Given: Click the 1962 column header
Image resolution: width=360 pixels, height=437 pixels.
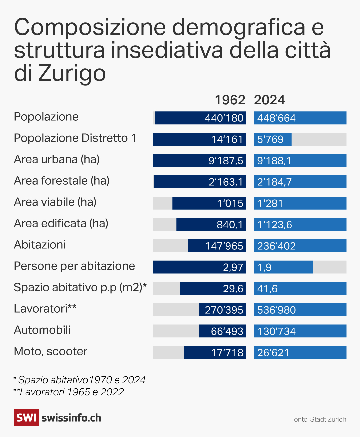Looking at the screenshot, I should coord(230,100).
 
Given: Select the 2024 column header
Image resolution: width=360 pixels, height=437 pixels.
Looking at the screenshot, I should coord(269,100).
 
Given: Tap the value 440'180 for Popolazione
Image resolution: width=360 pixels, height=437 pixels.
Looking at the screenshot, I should coord(224,118).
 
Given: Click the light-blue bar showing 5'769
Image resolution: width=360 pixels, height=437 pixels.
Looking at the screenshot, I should coord(272,139).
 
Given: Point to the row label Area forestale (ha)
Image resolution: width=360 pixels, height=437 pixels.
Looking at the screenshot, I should coord(62,181).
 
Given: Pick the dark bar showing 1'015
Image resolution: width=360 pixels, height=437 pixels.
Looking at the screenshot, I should coord(209,203).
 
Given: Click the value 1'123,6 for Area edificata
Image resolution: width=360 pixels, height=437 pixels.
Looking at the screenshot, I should coord(275,225).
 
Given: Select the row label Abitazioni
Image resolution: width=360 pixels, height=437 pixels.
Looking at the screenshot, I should coord(40,245).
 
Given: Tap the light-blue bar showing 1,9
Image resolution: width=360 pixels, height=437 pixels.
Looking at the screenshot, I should coord(283,267).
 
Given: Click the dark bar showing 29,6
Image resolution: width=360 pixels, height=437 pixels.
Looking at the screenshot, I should coord(213,289).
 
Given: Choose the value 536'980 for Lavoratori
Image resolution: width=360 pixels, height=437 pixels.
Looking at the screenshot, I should coord(277,310).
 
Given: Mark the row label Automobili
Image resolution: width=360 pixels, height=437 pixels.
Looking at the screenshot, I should coord(42,330).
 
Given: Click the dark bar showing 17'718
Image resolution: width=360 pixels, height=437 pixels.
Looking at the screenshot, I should coord(215,353).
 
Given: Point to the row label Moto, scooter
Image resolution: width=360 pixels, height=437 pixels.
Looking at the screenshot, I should coord(51,351).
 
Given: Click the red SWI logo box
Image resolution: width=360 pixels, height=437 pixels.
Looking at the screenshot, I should coord(26,418).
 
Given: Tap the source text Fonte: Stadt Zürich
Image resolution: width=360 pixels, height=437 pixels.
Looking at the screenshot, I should coord(318,419).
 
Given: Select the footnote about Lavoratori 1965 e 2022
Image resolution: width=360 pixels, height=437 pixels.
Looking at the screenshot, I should coord(68,392).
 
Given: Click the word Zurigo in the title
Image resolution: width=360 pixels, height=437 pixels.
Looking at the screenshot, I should coord(72,73).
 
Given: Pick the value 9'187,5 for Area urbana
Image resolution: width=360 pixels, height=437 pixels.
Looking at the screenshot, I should coord(226,161).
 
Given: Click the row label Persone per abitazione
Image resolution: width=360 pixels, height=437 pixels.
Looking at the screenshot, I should coord(74,266).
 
